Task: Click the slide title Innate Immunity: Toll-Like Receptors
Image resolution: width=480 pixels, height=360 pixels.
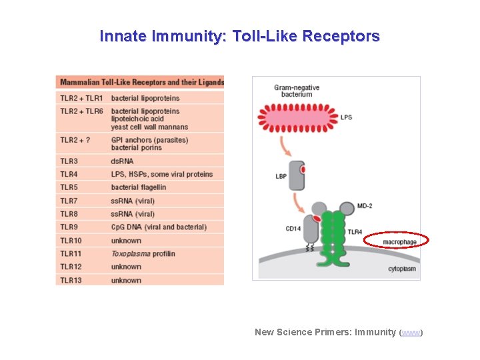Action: point(239,36)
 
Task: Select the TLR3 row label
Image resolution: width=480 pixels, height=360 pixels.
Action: point(69,161)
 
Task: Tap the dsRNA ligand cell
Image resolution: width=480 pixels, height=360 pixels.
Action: point(122,161)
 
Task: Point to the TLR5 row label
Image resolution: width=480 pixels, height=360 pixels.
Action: point(69,187)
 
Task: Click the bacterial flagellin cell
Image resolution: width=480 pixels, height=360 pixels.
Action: point(139,187)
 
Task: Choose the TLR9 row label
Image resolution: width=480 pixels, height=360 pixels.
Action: point(69,227)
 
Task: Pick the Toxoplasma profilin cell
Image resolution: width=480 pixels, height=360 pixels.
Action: point(143,254)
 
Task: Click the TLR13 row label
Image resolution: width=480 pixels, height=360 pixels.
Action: point(71,281)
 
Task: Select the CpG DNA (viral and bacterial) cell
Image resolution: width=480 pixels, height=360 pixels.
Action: point(159,227)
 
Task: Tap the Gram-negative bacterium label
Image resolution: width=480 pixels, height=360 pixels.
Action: point(297,91)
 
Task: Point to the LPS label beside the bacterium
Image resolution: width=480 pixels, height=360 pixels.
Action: point(346,118)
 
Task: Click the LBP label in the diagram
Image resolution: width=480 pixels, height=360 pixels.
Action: point(281,177)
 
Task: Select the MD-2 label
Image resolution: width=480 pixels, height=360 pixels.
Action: point(365,206)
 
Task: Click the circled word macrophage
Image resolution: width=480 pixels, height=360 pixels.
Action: point(400,241)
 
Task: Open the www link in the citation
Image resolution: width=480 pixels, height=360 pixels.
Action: point(411,333)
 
